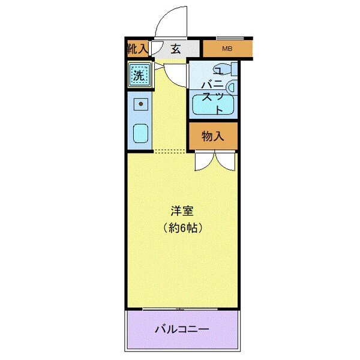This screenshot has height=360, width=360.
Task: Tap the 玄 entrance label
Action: [x=175, y=49]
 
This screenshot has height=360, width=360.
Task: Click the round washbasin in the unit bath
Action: [x=232, y=88]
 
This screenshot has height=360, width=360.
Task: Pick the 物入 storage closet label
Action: [x=212, y=137]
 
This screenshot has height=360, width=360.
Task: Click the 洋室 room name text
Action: [x=182, y=212]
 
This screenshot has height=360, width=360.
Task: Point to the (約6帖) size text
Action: [x=182, y=228]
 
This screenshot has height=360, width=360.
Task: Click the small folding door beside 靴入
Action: [x=155, y=49]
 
